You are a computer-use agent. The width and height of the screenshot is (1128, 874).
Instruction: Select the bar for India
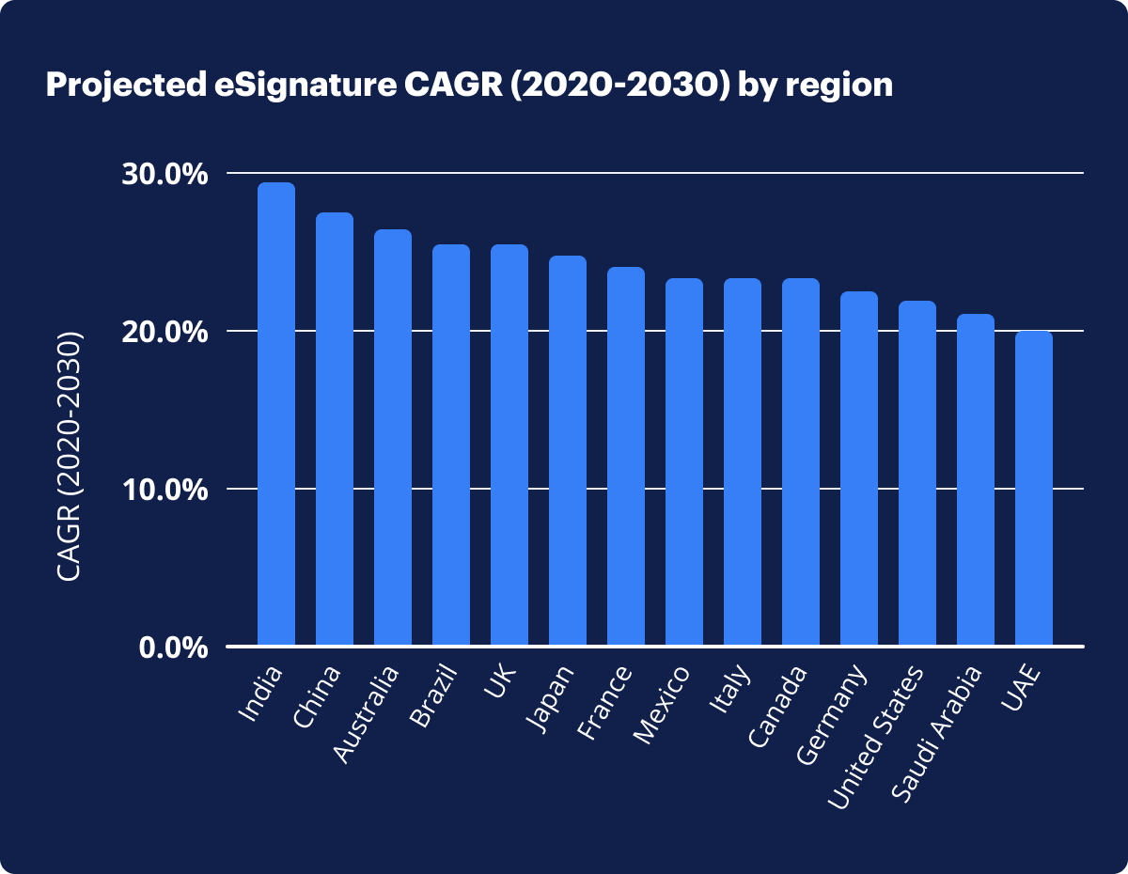coord(276,414)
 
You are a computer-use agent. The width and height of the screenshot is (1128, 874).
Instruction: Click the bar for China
coord(335,429)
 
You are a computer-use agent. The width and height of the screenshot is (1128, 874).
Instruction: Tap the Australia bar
coord(393,437)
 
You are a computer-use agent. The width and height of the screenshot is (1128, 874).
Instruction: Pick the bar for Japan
coord(568,450)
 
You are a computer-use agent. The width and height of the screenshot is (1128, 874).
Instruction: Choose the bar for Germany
coord(859,468)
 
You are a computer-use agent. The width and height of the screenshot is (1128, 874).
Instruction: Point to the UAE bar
coord(1034,488)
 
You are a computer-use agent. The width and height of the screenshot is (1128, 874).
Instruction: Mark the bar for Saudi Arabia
coord(976,479)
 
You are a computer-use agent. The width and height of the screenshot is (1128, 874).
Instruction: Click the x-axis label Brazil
coord(434,695)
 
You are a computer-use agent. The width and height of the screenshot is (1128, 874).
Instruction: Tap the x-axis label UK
coord(498,683)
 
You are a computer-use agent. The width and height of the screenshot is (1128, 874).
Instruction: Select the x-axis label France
coord(606,701)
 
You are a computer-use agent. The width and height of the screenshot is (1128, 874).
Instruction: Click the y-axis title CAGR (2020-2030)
coord(70,456)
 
